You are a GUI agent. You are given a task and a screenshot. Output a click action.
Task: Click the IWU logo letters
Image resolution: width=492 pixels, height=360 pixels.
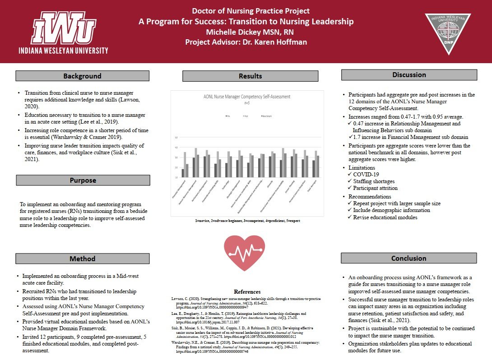(63, 28)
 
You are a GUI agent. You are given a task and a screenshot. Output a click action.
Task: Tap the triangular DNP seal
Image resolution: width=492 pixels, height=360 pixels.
(448, 32)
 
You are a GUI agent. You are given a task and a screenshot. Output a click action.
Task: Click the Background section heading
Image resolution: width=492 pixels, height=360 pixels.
(82, 76)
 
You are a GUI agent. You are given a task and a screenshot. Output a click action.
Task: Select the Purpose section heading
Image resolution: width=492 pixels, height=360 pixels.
(83, 180)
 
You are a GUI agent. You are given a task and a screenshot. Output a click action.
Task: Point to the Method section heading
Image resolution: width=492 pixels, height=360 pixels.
(82, 258)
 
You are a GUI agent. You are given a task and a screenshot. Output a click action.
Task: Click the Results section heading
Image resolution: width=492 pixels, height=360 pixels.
(250, 76)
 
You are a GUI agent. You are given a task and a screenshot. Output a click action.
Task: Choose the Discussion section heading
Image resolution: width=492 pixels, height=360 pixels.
(409, 75)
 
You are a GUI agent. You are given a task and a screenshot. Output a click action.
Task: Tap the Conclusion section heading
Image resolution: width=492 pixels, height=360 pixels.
(409, 258)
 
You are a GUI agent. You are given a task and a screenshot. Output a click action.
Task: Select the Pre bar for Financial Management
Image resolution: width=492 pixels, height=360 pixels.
(183, 173)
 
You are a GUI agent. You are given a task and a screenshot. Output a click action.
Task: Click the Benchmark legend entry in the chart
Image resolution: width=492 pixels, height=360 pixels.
(266, 116)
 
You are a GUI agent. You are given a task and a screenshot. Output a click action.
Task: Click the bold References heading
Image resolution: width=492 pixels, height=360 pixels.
(247, 291)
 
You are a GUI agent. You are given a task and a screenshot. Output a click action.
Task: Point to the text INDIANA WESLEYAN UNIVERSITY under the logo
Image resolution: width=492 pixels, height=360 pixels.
(64, 50)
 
